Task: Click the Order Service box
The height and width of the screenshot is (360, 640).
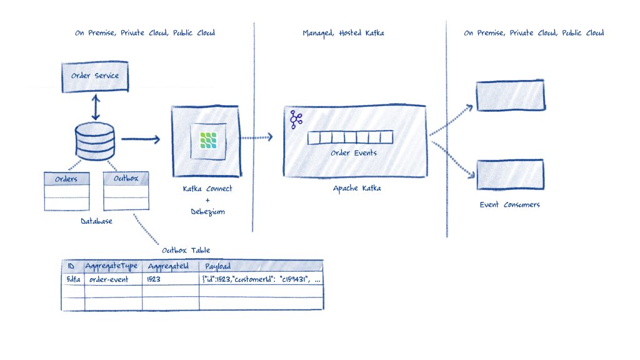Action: pos(94,76)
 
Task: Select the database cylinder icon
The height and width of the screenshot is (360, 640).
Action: pos(94,141)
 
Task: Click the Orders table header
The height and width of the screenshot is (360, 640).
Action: pos(66,179)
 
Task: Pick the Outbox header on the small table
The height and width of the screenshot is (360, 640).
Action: pos(126,178)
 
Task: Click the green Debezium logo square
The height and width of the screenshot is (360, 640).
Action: pos(208,141)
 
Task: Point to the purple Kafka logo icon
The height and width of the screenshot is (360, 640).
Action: pos(296,119)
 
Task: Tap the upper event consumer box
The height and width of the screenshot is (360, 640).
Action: pos(510,96)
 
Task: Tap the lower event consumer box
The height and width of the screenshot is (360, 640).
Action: pos(510,174)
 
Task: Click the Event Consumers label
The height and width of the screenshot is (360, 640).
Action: pos(509,205)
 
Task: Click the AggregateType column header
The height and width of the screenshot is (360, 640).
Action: pos(112,266)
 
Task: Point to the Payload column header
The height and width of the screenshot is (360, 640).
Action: pos(219,266)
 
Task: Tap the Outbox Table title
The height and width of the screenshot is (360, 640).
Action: pos(186,251)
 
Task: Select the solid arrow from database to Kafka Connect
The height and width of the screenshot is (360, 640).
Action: pos(141,139)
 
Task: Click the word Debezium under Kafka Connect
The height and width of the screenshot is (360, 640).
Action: pos(208,212)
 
